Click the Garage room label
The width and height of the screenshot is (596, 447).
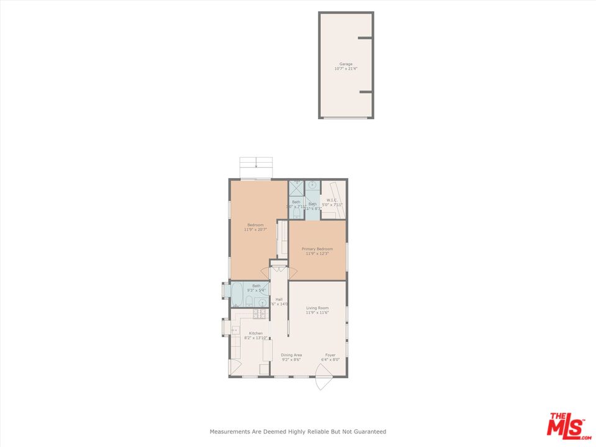(346, 64)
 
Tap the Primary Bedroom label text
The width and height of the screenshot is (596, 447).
(317, 249)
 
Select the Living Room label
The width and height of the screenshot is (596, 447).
(317, 307)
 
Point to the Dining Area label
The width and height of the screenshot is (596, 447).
(291, 355)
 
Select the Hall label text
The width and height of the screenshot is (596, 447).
(279, 299)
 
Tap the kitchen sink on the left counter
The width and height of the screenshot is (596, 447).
(235, 330)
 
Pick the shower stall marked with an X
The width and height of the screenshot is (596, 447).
(296, 186)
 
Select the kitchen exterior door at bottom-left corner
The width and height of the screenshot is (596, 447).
(235, 367)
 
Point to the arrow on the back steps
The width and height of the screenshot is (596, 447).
(256, 165)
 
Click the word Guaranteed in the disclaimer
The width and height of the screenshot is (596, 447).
(369, 431)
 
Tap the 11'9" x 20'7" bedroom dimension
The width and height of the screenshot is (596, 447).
(255, 230)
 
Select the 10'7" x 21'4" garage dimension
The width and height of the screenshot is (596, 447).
(346, 69)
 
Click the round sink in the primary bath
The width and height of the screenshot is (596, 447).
(312, 185)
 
